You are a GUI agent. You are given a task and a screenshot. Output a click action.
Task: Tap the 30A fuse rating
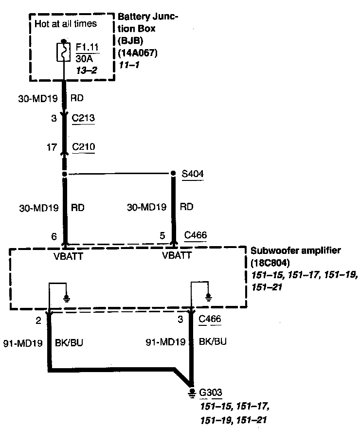point(83,58)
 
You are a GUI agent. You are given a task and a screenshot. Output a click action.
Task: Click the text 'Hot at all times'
point(66,23)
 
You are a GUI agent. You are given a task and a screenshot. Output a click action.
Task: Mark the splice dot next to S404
point(173,173)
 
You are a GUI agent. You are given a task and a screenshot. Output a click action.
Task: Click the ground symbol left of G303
point(193,392)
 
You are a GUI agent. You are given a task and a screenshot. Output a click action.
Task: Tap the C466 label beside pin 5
point(196,235)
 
